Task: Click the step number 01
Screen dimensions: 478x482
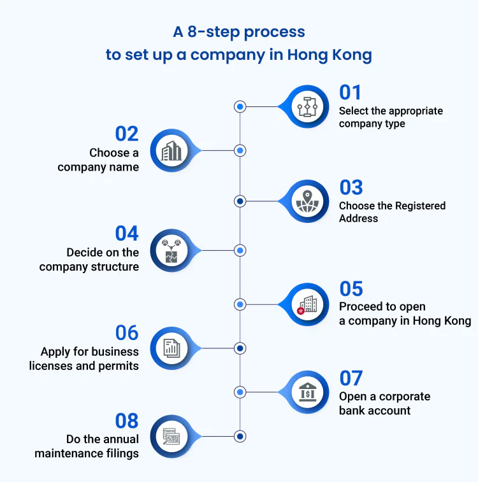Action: [350, 92]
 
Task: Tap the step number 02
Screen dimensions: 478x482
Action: [127, 134]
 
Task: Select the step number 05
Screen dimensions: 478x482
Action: [351, 288]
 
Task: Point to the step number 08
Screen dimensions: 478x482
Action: [127, 421]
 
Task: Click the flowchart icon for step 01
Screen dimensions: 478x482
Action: [307, 107]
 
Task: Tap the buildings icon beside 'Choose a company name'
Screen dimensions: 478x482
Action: [171, 151]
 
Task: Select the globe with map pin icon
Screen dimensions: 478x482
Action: [307, 201]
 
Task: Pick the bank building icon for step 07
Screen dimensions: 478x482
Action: [307, 392]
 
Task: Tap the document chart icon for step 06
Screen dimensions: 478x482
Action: [171, 348]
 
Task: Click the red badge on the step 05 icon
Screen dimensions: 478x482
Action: [301, 311]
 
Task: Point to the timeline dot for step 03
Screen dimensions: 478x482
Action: [240, 201]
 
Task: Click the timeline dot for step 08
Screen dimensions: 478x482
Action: [240, 436]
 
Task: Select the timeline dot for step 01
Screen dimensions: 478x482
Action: [240, 107]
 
